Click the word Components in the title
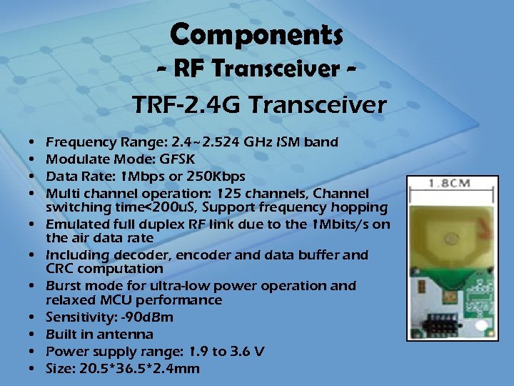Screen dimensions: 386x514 click(x=257, y=34)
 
